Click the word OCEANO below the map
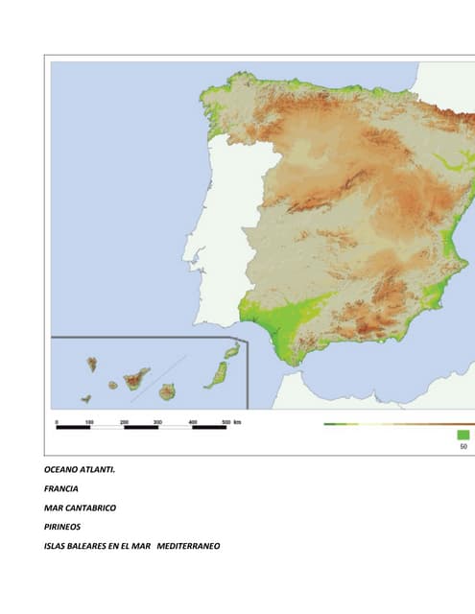[x=61, y=470]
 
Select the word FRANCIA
[x=61, y=489]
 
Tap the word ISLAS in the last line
[x=56, y=547]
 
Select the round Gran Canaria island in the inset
[x=167, y=391]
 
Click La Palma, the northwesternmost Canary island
[x=92, y=365]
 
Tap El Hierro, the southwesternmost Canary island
[x=86, y=398]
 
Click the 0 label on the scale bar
[x=57, y=421]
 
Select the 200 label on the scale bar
[x=124, y=421]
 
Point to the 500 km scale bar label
[x=230, y=421]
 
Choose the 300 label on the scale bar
[x=157, y=421]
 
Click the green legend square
[x=463, y=435]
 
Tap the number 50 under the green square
[x=463, y=446]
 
